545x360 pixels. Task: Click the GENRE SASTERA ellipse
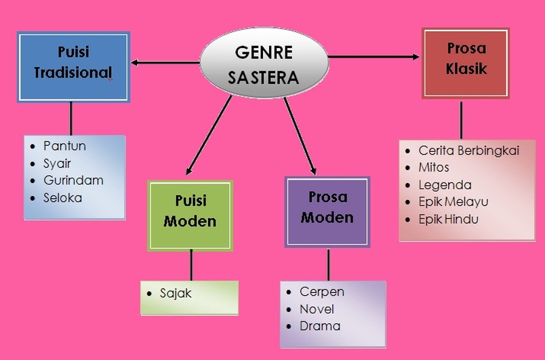tap(264, 64)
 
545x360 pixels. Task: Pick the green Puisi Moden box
tap(190, 212)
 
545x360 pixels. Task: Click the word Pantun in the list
tap(64, 146)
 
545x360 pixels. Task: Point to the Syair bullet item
tap(57, 163)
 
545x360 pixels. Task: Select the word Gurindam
tap(73, 180)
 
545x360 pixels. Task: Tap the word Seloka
tap(62, 198)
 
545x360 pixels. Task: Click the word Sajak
tap(176, 294)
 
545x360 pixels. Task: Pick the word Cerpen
tap(322, 292)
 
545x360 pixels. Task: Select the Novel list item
tap(317, 309)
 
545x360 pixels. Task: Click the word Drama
tap(320, 326)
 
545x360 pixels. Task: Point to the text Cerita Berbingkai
tap(468, 151)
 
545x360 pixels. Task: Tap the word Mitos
tap(434, 167)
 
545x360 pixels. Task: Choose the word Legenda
tap(445, 185)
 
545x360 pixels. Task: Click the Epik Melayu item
tap(453, 202)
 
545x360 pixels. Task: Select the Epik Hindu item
tap(448, 219)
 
